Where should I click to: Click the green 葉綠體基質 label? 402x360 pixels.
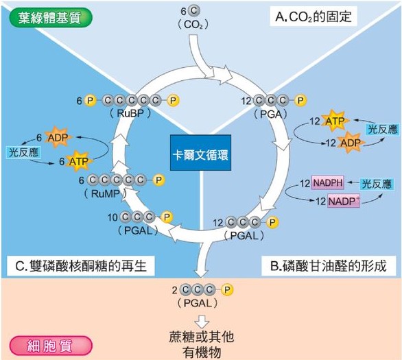coord(50,18)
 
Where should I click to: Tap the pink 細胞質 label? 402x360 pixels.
coord(51,346)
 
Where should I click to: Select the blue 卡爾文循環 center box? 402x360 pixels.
coord(200,153)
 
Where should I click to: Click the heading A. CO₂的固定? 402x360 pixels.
coord(313,16)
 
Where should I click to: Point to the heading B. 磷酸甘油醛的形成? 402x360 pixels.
coord(329,266)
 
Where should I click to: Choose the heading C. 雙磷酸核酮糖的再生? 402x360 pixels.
coord(81,265)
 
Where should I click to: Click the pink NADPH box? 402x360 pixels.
coord(328,182)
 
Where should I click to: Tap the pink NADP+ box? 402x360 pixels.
coord(344,201)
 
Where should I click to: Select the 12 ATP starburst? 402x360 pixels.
coord(335,121)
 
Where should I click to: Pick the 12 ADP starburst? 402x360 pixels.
coord(350,143)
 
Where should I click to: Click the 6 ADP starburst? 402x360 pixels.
coord(58,138)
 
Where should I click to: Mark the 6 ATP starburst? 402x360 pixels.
coord(78,161)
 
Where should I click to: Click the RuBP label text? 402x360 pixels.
coord(130,113)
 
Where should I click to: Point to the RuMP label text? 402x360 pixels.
coord(106,193)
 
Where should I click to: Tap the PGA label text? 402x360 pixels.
coord(270,114)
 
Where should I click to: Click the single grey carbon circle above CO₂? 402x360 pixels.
coord(194,11)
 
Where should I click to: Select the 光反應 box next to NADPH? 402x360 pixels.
coord(376,184)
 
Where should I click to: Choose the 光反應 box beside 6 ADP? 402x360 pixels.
coord(23,152)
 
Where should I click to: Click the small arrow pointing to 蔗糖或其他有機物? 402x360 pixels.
coord(202,322)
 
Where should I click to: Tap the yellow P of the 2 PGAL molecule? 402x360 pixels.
coord(227,290)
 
